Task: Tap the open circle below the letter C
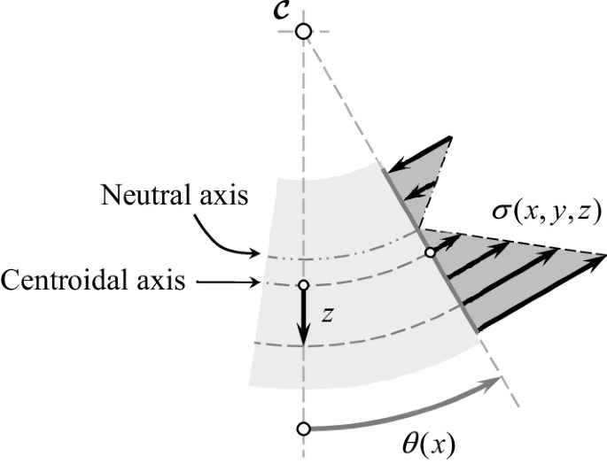pyautogui.click(x=303, y=32)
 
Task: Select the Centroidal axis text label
pyautogui.click(x=93, y=282)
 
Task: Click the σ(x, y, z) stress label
pyautogui.click(x=547, y=211)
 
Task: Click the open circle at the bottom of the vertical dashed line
pyautogui.click(x=303, y=429)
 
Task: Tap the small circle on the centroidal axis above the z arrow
pyautogui.click(x=303, y=285)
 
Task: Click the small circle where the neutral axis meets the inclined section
pyautogui.click(x=430, y=252)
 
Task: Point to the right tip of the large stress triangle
pyautogui.click(x=604, y=256)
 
